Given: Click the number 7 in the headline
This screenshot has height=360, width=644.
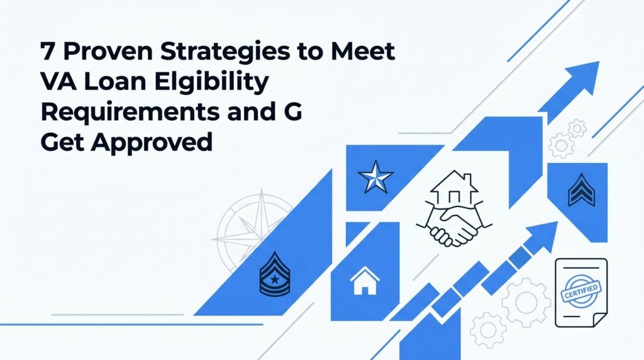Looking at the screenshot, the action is [48, 52].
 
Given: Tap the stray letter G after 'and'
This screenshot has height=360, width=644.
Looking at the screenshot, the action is [292, 112].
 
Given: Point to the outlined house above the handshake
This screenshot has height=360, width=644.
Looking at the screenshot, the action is [454, 187].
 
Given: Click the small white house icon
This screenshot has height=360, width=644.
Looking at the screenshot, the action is [365, 281].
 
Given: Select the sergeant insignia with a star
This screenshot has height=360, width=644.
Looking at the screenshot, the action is [275, 274].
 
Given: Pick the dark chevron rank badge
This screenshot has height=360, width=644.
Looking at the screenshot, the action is [581, 189].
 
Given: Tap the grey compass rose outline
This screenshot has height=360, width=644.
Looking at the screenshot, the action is [255, 230].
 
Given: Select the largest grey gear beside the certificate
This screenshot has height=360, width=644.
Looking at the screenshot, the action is [526, 302].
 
